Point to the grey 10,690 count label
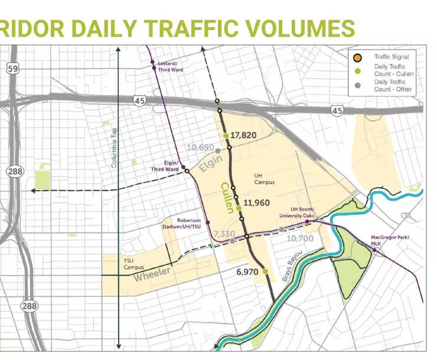(x=200, y=147)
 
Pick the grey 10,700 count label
(x=299, y=238)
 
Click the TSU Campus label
(x=133, y=264)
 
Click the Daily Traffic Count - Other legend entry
(x=393, y=86)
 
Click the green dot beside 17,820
(x=226, y=136)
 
